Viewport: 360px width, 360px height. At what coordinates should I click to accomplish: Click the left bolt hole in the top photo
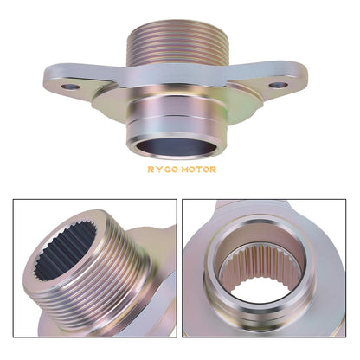click(70, 87)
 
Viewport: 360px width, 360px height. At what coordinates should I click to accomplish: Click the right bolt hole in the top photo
click(279, 85)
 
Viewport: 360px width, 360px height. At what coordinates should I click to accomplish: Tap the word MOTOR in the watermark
click(200, 170)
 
